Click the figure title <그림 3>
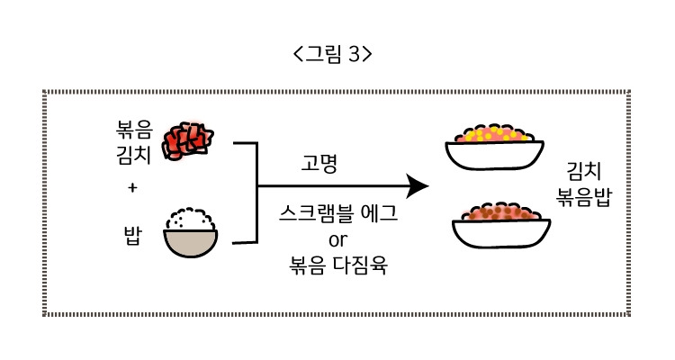point(333,54)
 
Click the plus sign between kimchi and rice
point(132,188)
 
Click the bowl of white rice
point(191,243)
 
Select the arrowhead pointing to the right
point(416,186)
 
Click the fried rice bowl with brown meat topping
point(499,225)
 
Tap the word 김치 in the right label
point(584,171)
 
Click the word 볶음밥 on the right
point(584,197)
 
